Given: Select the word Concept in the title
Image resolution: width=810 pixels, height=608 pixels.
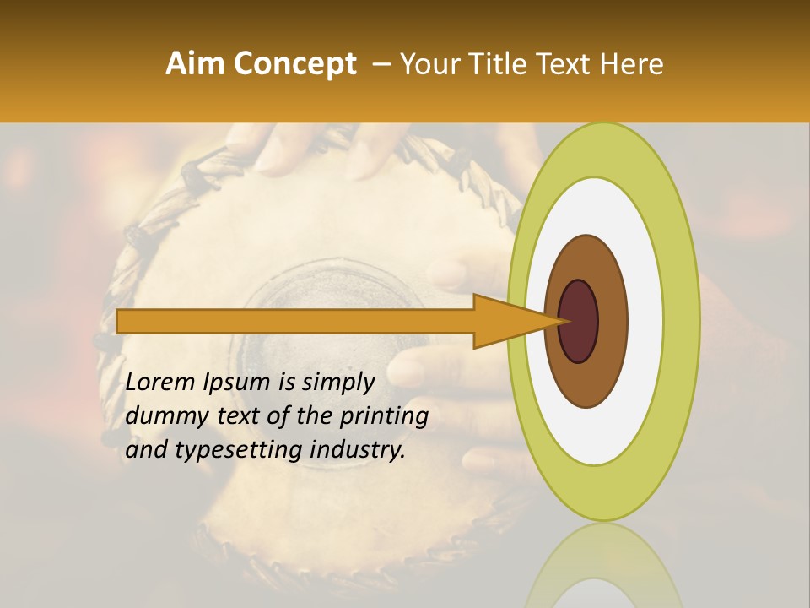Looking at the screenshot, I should [296, 65].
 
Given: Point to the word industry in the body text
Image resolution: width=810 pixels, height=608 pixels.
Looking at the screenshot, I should [358, 449].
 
